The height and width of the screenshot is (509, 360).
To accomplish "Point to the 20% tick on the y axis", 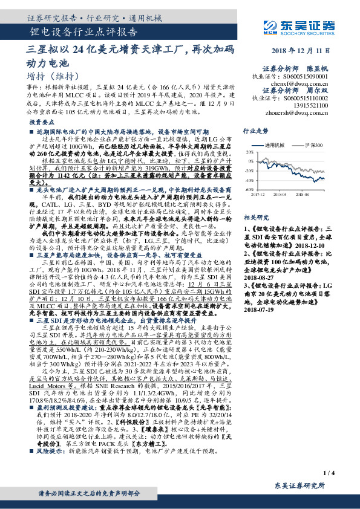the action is click(249, 153).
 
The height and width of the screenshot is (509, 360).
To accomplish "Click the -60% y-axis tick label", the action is click(249, 189).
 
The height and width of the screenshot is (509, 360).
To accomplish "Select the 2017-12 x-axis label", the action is click(259, 195).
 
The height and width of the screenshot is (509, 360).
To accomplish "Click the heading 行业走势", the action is click(255, 130).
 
